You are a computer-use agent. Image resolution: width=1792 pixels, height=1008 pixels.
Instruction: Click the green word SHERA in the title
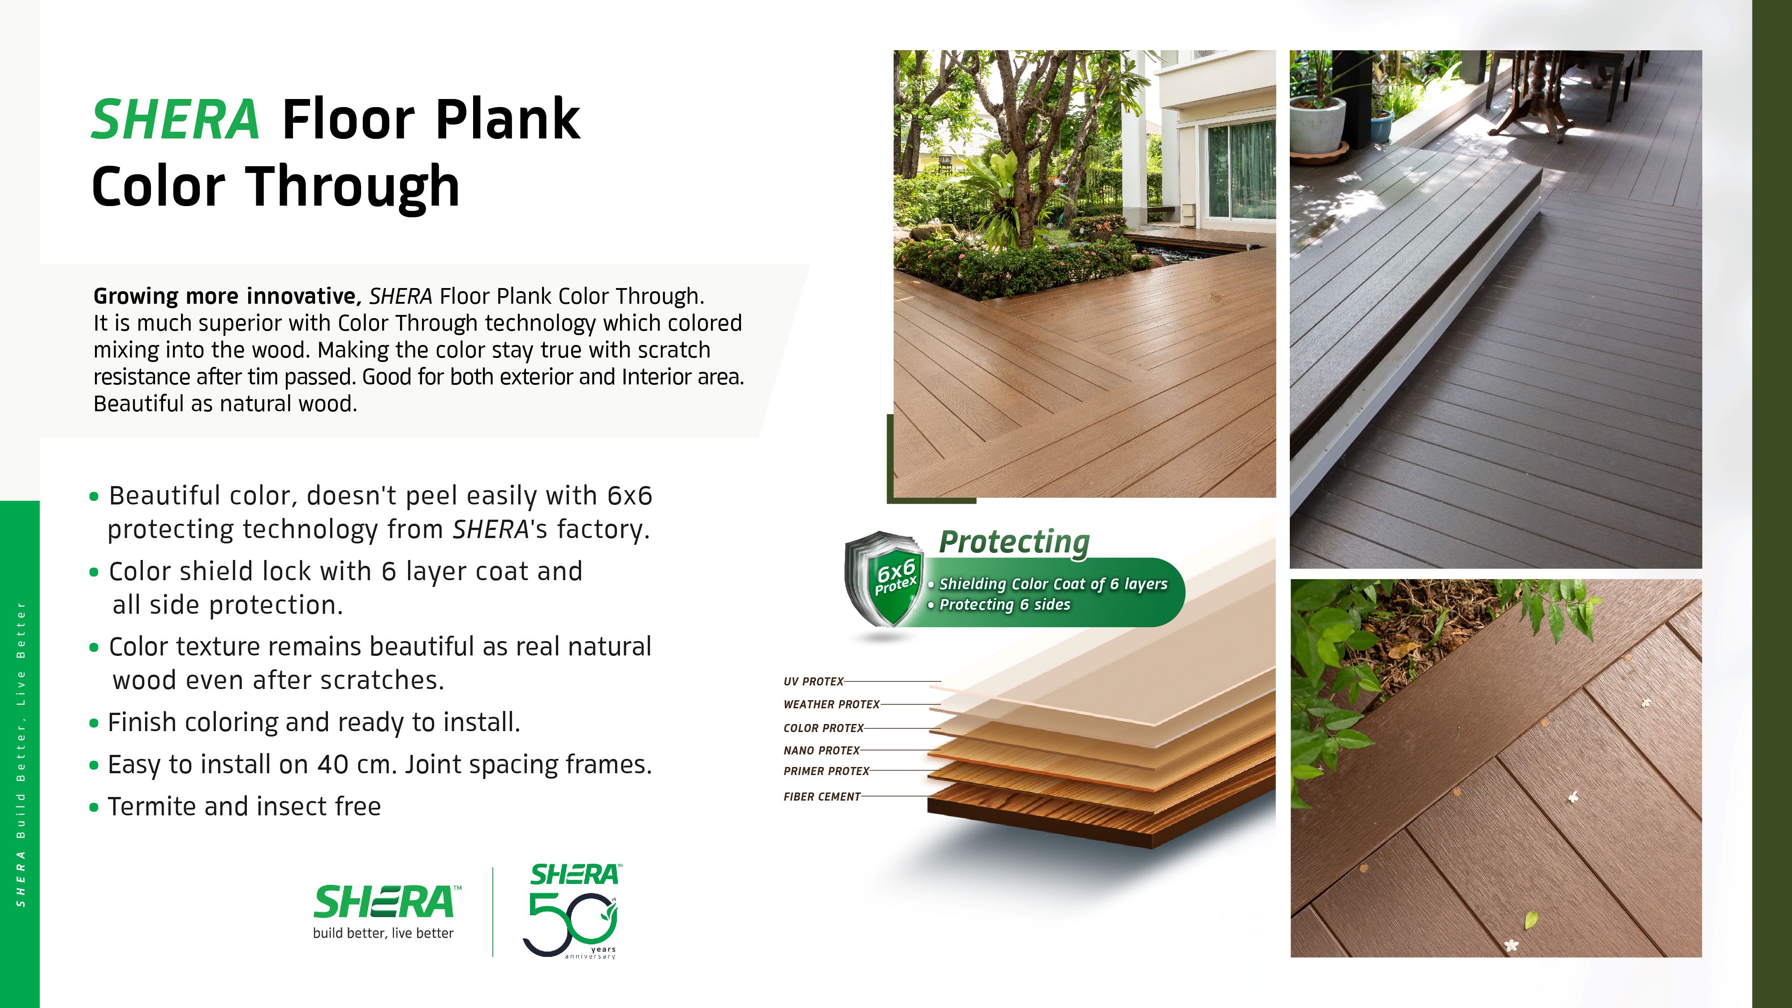tap(175, 120)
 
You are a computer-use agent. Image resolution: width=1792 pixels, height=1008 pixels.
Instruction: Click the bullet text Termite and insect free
tap(244, 807)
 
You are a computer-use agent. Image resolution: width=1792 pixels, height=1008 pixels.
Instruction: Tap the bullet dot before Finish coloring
tap(95, 724)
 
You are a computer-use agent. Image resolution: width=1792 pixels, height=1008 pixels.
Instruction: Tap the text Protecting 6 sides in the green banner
tap(1004, 604)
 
